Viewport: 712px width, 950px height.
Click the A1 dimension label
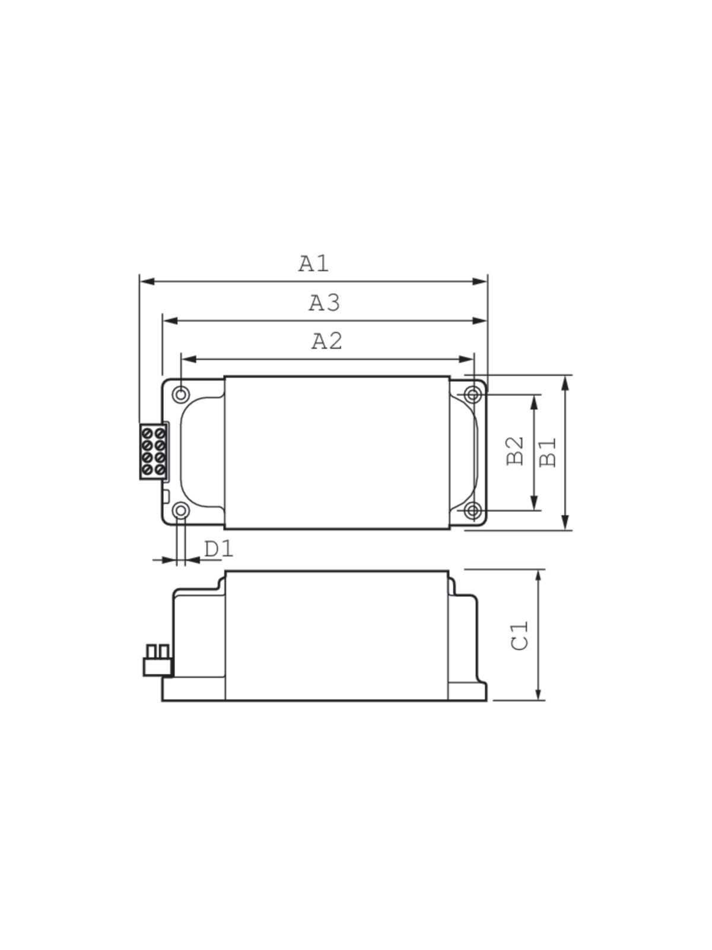click(313, 263)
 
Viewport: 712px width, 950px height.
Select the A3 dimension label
click(324, 303)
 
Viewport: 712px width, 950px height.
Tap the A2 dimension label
click(327, 341)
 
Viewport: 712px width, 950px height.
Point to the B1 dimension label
click(548, 452)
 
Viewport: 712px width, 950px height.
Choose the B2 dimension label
click(516, 451)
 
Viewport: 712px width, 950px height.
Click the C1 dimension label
click(520, 636)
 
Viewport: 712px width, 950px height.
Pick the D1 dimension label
click(219, 549)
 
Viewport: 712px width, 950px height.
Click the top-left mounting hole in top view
click(181, 394)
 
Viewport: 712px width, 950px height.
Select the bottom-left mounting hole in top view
click(181, 511)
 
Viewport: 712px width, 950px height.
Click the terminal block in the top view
click(152, 451)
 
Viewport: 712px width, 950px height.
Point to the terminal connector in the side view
click(157, 661)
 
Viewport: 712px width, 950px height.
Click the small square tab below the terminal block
click(166, 495)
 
